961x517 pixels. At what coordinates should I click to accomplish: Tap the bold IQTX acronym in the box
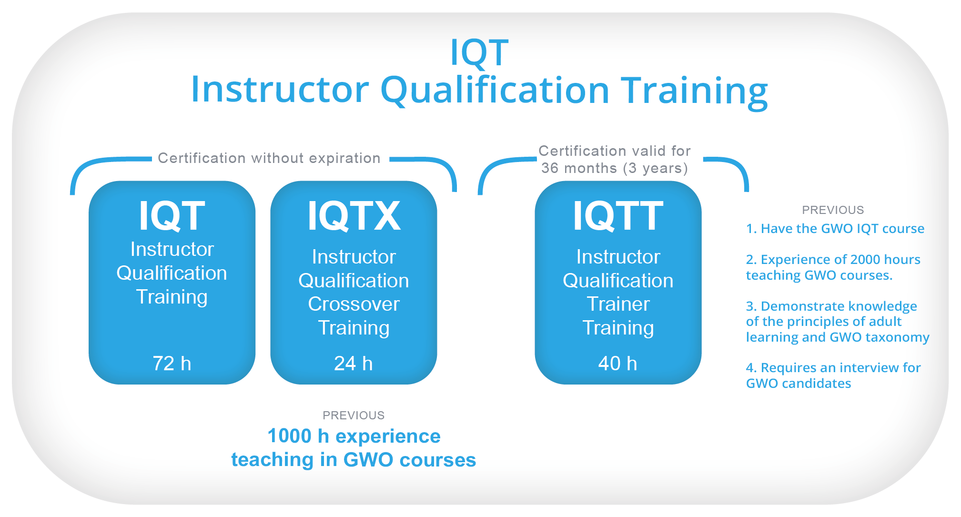[354, 216]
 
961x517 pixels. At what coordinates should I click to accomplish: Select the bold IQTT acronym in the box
[618, 216]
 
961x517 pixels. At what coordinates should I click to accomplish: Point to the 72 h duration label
[172, 364]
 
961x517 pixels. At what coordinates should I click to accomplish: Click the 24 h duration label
[354, 364]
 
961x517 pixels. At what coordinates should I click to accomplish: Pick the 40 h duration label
[618, 364]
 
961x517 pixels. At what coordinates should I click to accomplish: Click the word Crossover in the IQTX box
[354, 304]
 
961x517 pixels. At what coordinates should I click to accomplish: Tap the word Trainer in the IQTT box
[618, 304]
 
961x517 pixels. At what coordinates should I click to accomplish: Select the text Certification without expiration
[269, 158]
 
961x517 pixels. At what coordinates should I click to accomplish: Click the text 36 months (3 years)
[615, 168]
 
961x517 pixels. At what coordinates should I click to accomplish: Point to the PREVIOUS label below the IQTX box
[354, 416]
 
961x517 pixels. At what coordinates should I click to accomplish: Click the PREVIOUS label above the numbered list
[833, 210]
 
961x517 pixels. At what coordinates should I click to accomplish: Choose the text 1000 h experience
[354, 436]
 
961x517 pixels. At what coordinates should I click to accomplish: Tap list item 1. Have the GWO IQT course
[835, 229]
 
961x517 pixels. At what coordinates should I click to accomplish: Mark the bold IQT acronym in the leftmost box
[172, 216]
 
